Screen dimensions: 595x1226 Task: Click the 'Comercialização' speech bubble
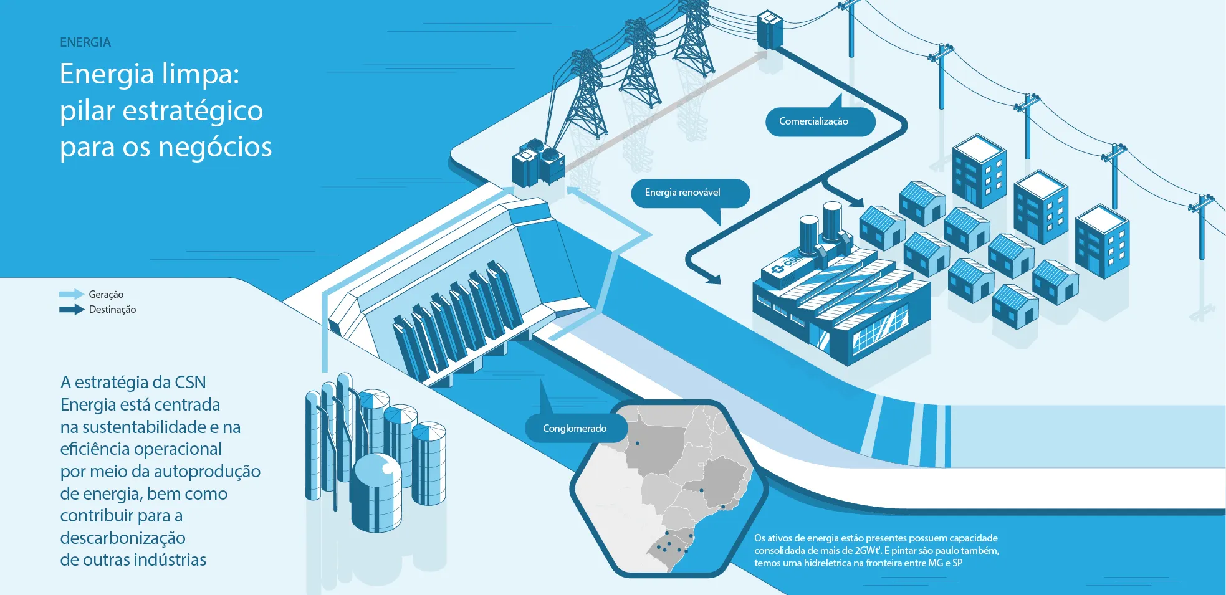pyautogui.click(x=820, y=121)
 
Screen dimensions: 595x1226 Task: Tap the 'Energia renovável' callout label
pyautogui.click(x=689, y=193)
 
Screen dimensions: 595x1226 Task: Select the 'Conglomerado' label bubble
pyautogui.click(x=575, y=429)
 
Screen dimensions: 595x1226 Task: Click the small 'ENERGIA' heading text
pyautogui.click(x=85, y=42)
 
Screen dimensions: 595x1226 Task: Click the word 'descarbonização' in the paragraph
pyautogui.click(x=123, y=538)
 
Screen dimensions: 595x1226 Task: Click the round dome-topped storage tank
pyautogui.click(x=376, y=492)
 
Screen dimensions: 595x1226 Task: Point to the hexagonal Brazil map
pyautogui.click(x=667, y=489)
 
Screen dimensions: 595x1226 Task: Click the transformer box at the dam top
pyautogui.click(x=538, y=164)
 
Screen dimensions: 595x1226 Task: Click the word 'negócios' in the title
pyautogui.click(x=215, y=148)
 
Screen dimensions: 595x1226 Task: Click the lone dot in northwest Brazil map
pyautogui.click(x=637, y=444)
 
